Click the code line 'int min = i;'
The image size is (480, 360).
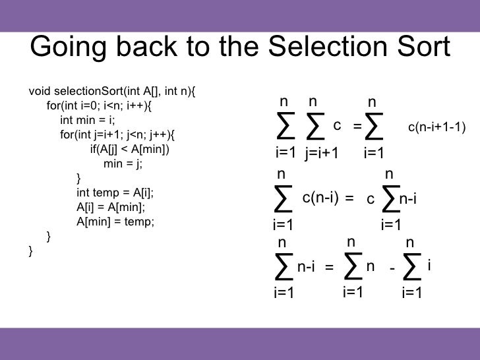point(88,120)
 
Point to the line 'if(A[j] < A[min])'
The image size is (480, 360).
point(129,149)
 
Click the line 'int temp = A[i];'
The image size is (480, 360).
point(115,193)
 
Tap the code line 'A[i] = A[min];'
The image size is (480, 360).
point(111,207)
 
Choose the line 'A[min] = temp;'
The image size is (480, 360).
point(115,222)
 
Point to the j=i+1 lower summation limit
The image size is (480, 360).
point(321,154)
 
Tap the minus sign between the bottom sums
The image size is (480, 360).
point(392,269)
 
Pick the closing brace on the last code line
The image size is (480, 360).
point(32,251)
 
